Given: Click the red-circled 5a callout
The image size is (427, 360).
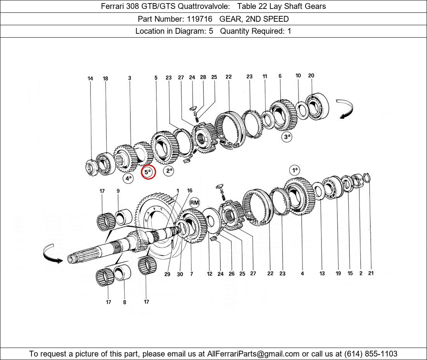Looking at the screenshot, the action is pos(148,172).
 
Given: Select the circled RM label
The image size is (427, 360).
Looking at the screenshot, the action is pos(194,203).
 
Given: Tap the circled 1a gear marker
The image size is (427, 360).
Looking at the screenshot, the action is pos(295,171).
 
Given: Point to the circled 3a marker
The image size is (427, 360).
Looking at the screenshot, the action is pos(287,137).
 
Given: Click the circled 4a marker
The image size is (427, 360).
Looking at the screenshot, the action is pos(128,178).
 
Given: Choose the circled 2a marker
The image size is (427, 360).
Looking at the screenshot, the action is pos(168,171).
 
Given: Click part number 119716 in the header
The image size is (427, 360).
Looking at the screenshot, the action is pos(200,19).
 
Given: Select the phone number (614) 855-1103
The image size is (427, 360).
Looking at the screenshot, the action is pos(371,354).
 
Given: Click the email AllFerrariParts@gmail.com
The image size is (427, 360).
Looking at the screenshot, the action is pos(253,354).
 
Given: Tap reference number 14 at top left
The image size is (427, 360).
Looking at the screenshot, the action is pos(90,79).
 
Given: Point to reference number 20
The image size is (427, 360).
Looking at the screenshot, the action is pos(311,76).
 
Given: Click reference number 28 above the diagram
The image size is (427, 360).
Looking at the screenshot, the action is pos(203,77).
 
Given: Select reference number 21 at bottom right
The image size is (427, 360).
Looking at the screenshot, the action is pos(371,273).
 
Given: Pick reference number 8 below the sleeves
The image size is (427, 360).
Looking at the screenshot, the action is pos(125,302).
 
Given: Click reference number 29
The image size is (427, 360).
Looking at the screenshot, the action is pos(167,274).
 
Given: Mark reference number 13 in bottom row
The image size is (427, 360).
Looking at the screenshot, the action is pos(322,273).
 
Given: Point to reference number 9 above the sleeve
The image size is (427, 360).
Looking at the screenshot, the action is pos(118,191).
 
